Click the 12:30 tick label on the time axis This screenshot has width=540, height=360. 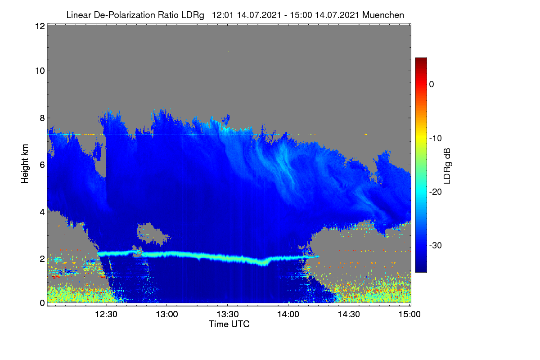coord(106,315)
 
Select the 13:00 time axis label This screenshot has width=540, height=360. coord(167,315)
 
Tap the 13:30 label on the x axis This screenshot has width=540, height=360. coord(228,315)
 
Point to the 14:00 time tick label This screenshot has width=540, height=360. coord(288,315)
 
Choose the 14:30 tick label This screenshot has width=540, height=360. coord(349,315)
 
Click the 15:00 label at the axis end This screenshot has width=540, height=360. coord(409,315)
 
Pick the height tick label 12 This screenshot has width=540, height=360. coord(40,26)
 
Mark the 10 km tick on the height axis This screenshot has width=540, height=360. coord(40,71)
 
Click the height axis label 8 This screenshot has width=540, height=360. coord(42,118)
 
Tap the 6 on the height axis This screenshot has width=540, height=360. coord(42,165)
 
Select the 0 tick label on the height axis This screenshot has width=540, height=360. coord(42,303)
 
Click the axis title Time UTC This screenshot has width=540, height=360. coord(229,324)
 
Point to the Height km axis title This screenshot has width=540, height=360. coord(25,164)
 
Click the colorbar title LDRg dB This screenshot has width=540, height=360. coord(447,166)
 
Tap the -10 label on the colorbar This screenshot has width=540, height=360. coord(436,139)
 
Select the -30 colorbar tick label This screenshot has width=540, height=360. coord(436,245)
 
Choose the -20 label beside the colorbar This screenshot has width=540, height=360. coord(436,192)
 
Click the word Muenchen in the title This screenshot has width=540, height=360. coord(383,15)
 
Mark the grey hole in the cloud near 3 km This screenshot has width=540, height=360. coord(151,233)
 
